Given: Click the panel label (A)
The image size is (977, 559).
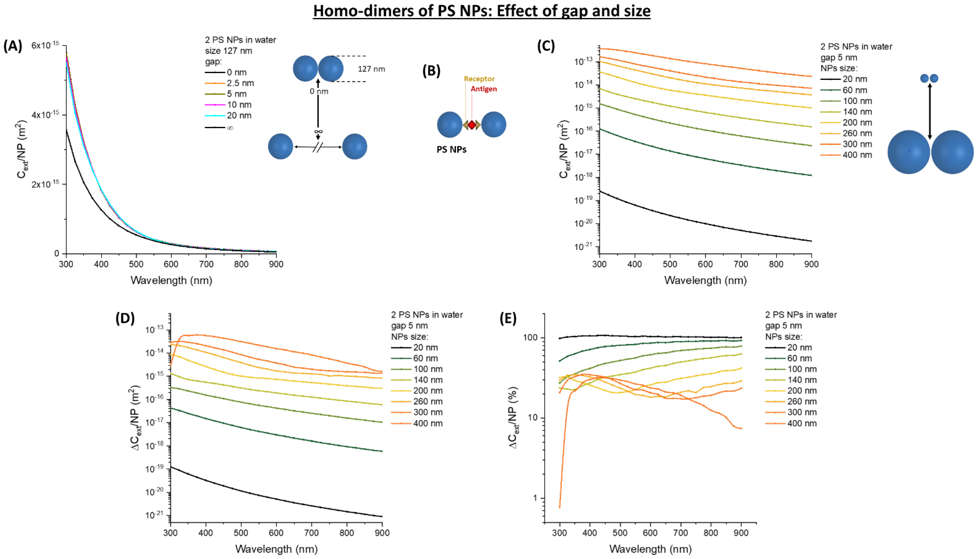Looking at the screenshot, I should pos(13,46).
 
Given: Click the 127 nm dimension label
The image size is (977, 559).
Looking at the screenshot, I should pos(371,69).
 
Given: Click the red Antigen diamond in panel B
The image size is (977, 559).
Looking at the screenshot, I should pos(471,125).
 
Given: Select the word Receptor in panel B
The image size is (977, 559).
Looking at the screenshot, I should pos(479,79).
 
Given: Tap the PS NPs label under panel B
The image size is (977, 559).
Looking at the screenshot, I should pos(451,149).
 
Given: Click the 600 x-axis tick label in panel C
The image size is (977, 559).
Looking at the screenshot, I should pos(705,264).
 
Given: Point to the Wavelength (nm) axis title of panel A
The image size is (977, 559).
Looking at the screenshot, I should pos(171,280).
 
